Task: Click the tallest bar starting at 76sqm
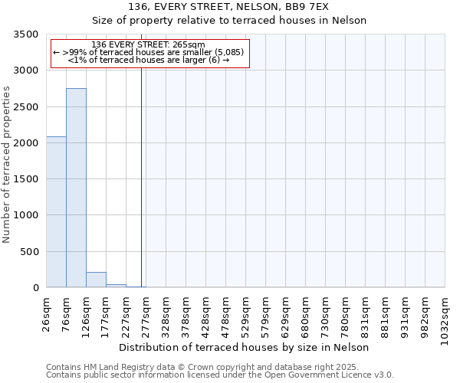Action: [76, 188]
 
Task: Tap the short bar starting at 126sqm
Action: [96, 280]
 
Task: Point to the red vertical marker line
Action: [142, 176]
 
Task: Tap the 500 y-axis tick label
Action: [29, 252]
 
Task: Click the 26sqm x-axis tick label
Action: [46, 313]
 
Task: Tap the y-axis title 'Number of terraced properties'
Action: [7, 165]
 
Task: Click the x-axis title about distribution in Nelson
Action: [245, 347]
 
